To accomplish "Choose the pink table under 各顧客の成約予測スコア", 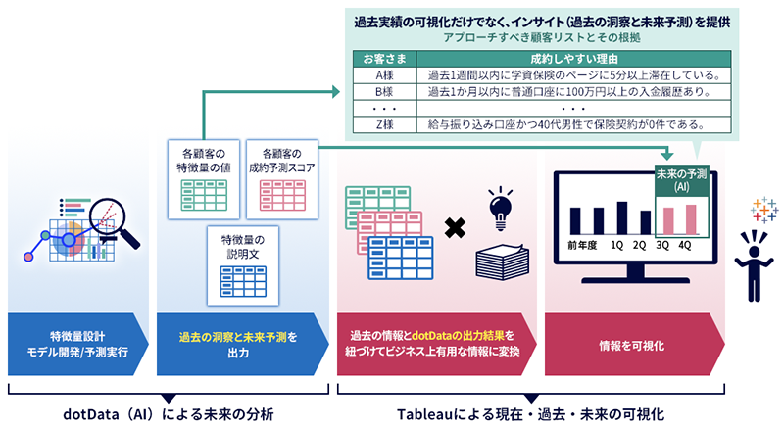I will coord(281,194).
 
